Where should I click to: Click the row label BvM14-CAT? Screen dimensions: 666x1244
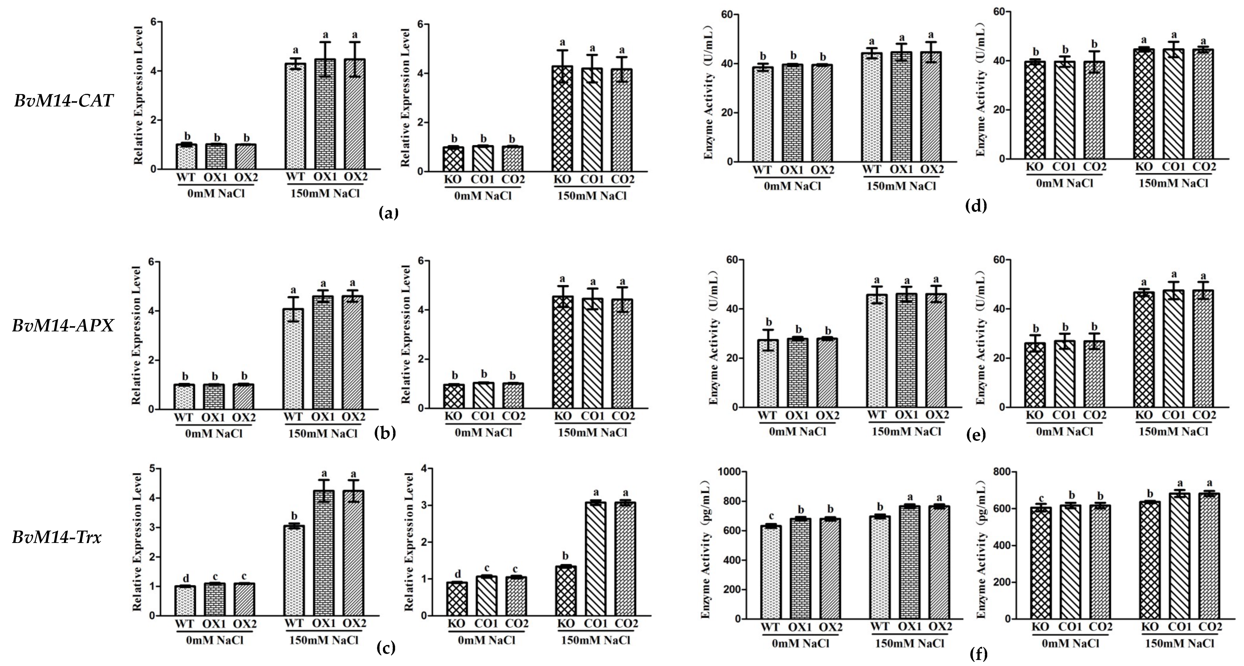(x=63, y=101)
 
